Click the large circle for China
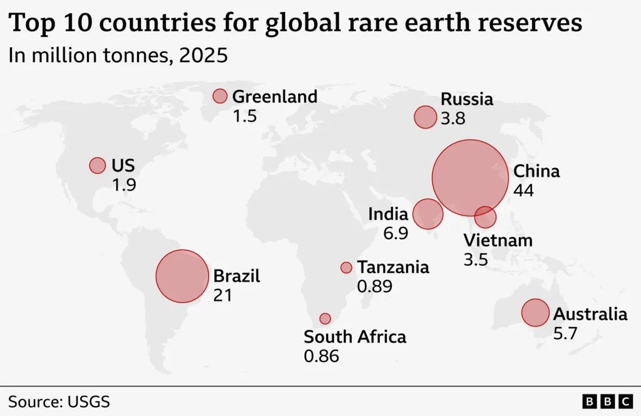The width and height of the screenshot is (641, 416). pyautogui.click(x=469, y=178)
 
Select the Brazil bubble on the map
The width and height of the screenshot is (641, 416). pyautogui.click(x=182, y=276)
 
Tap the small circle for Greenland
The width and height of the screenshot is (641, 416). pyautogui.click(x=220, y=96)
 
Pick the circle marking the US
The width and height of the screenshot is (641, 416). pyautogui.click(x=97, y=165)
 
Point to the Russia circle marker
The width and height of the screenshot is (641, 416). pyautogui.click(x=425, y=117)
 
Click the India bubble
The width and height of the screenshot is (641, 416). pyautogui.click(x=428, y=214)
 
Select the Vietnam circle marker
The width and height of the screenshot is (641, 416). pyautogui.click(x=485, y=217)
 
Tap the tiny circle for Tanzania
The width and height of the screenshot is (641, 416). pyautogui.click(x=346, y=268)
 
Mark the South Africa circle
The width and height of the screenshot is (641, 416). pyautogui.click(x=325, y=318)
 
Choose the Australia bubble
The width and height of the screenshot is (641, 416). pyautogui.click(x=535, y=313)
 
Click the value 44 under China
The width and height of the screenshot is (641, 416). pyautogui.click(x=523, y=190)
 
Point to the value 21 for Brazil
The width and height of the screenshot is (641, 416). pyautogui.click(x=222, y=295)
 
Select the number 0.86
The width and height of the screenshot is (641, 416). pyautogui.click(x=321, y=356)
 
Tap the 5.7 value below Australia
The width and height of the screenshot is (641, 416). pyautogui.click(x=565, y=333)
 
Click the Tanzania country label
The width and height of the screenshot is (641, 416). pyautogui.click(x=393, y=268)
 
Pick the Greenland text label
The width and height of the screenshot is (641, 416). pyautogui.click(x=275, y=96)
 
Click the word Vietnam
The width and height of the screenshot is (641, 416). pyautogui.click(x=498, y=241)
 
